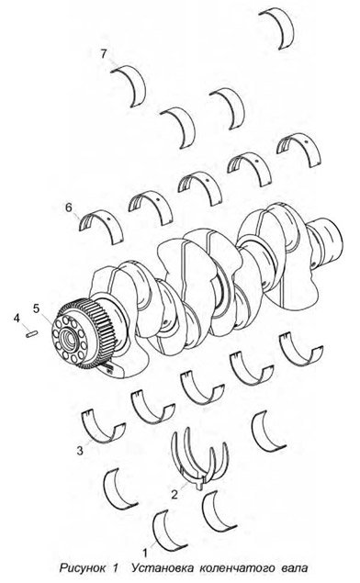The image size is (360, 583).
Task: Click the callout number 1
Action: click(145, 553)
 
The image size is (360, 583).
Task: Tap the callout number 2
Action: click(174, 495)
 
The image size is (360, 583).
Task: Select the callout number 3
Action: click(80, 451)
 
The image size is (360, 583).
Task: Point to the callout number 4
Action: click(17, 319)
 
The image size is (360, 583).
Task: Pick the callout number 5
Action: click(36, 308)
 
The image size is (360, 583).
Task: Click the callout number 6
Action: click(69, 207)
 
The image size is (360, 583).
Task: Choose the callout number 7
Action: click(104, 54)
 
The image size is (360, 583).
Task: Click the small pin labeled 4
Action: click(31, 333)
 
